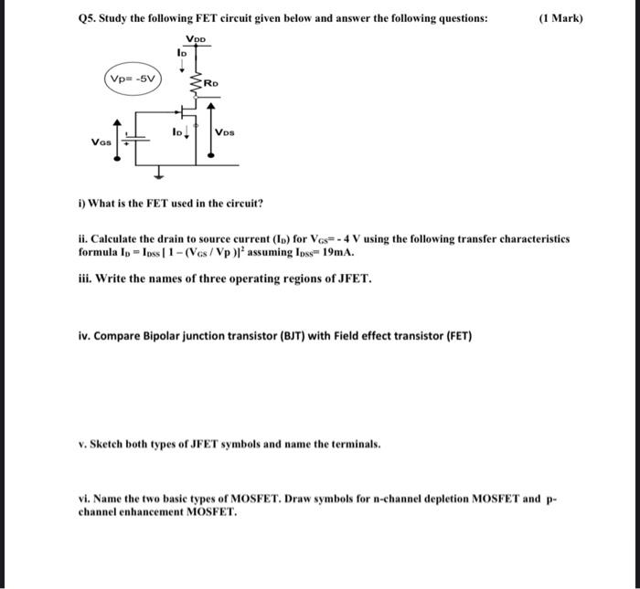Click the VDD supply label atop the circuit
coord(196,39)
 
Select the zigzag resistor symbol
coord(195,83)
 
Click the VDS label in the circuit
coord(224,132)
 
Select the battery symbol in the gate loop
coord(130,139)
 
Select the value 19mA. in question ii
coord(336,252)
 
